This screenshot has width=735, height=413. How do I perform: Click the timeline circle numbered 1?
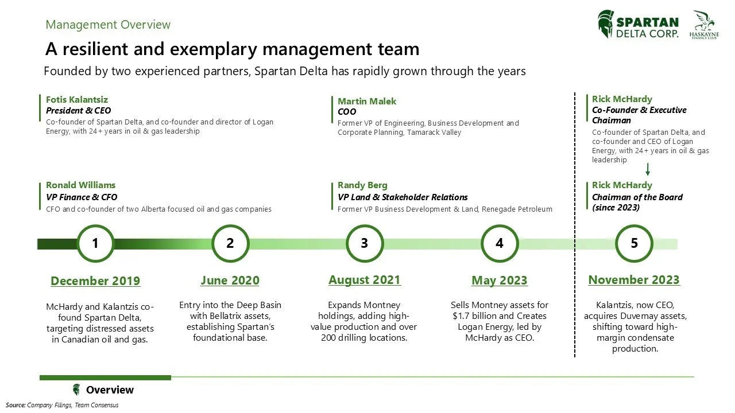(95, 243)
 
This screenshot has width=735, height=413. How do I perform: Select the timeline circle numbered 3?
(365, 243)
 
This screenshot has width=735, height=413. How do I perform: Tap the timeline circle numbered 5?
(634, 243)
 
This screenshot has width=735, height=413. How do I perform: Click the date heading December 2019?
(95, 280)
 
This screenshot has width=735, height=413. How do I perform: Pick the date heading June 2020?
(230, 280)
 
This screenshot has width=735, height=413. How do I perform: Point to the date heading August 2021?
(365, 280)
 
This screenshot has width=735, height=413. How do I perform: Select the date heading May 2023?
(500, 280)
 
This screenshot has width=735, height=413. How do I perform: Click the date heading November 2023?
(634, 280)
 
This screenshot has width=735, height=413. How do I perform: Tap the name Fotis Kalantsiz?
(77, 100)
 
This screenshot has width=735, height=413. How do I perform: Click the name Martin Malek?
(367, 101)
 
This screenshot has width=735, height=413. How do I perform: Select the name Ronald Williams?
(80, 185)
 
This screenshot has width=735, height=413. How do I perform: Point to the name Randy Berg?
(362, 185)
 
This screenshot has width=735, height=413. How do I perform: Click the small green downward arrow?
(648, 170)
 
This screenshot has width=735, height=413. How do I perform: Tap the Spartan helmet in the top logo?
(605, 24)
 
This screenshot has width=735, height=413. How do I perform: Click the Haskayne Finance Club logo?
(704, 25)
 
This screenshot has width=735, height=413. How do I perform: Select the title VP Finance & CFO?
(82, 197)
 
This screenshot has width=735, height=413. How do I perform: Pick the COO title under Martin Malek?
(347, 112)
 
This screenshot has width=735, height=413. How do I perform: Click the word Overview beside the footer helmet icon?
(110, 390)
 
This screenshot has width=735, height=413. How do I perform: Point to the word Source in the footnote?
(16, 405)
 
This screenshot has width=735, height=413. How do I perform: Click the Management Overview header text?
(108, 25)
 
